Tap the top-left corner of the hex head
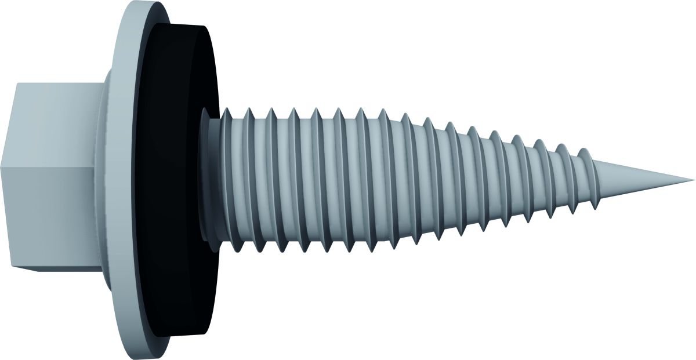click(x=17, y=83)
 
